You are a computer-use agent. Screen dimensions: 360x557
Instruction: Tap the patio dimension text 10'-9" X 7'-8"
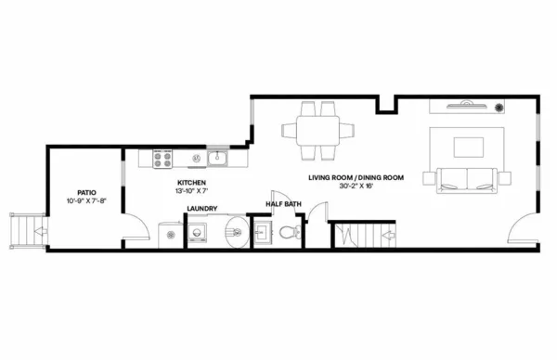point(85,201)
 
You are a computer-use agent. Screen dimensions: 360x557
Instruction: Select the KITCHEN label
point(191,184)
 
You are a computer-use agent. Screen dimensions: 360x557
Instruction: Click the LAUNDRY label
point(201,210)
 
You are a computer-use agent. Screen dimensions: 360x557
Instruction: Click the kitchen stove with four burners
point(163,158)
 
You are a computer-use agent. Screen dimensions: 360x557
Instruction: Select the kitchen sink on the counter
point(219,158)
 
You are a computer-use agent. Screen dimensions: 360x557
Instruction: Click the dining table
point(317,127)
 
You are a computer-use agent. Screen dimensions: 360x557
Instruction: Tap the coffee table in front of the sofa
point(467,146)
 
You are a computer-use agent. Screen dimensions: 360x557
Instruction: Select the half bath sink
point(262,232)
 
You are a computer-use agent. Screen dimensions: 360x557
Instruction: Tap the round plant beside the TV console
point(499,107)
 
